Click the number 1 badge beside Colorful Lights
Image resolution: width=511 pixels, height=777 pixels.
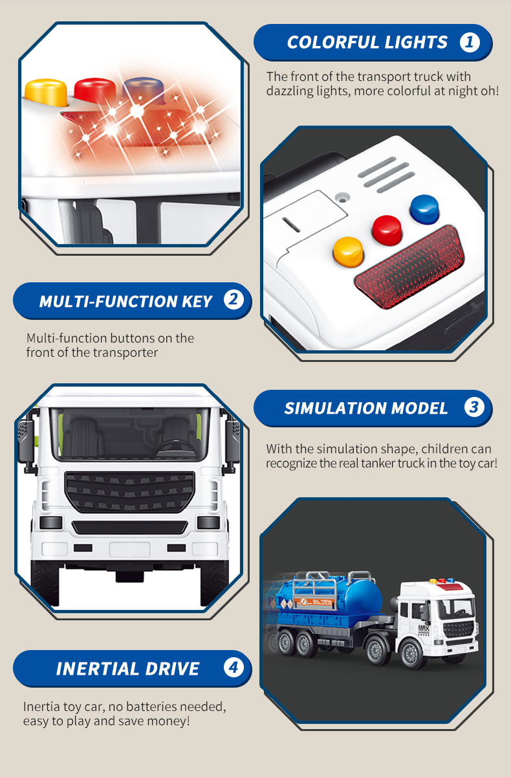point(470,43)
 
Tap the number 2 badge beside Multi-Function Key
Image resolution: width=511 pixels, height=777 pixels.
point(233,300)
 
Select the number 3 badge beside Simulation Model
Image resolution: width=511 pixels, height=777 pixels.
point(474,407)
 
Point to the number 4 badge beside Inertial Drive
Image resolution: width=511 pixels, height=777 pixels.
point(233,667)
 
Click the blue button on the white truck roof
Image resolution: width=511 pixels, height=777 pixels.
point(424,207)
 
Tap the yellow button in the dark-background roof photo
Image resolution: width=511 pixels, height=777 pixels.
point(347,251)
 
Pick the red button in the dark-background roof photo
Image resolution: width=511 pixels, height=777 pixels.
point(386,227)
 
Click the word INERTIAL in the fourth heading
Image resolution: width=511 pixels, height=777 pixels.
point(96,668)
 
